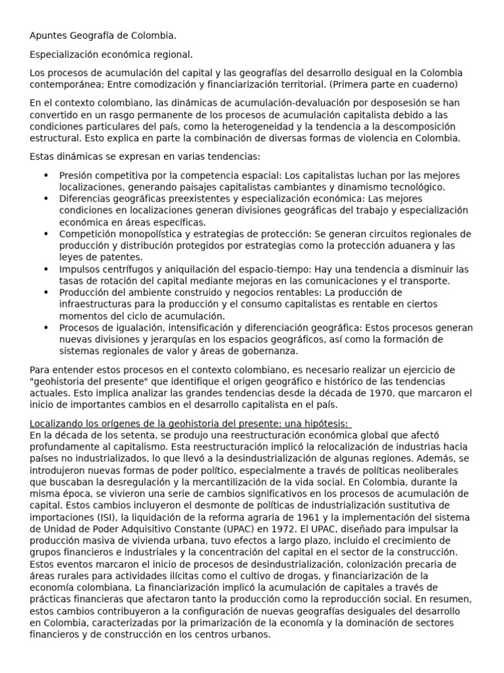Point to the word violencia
(x=367, y=138)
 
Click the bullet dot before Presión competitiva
(x=46, y=175)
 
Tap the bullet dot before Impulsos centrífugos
(x=46, y=269)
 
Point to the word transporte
(x=427, y=281)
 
